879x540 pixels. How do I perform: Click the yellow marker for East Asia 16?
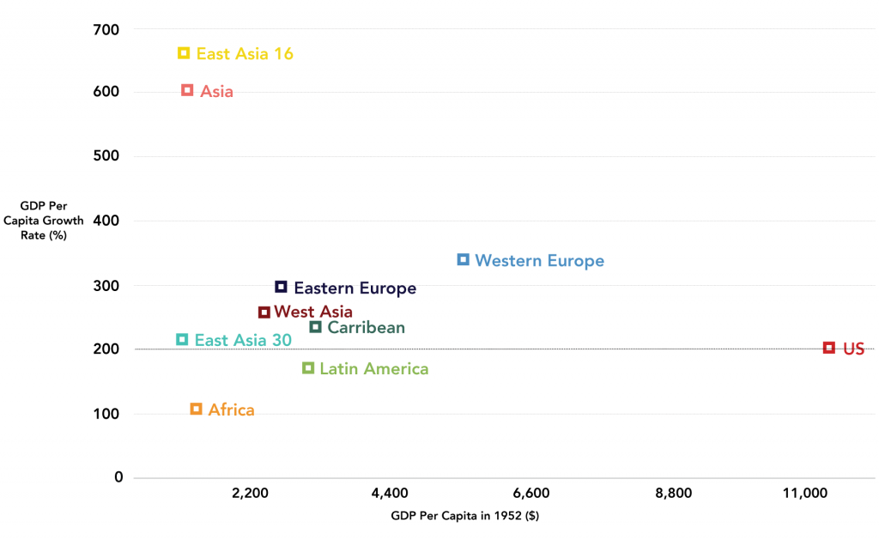tap(184, 53)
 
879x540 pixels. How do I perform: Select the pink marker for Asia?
tap(187, 90)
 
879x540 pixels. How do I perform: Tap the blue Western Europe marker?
tap(464, 259)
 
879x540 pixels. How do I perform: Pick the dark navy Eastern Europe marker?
tap(281, 287)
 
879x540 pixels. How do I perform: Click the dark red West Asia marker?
tap(264, 312)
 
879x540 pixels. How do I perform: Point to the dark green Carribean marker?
tap(316, 327)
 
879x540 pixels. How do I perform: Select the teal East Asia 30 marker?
tap(182, 340)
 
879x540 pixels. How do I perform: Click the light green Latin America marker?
tap(308, 368)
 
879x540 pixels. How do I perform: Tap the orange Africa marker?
tap(196, 409)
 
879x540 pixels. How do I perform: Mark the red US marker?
tap(829, 348)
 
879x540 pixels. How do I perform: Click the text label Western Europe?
tap(539, 261)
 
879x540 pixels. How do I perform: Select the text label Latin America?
tap(373, 369)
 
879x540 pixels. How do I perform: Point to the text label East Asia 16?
tap(245, 54)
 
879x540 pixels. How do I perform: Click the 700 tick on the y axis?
tap(106, 30)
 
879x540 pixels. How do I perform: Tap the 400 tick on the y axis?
tap(106, 221)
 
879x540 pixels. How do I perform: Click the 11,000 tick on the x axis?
tap(805, 494)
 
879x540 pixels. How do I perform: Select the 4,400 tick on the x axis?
tap(390, 494)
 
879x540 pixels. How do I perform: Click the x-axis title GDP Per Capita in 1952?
tap(464, 516)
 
